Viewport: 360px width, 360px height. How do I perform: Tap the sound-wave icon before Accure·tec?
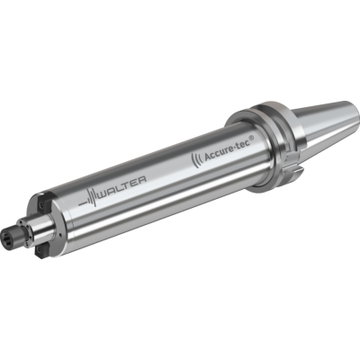pos(196,161)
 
